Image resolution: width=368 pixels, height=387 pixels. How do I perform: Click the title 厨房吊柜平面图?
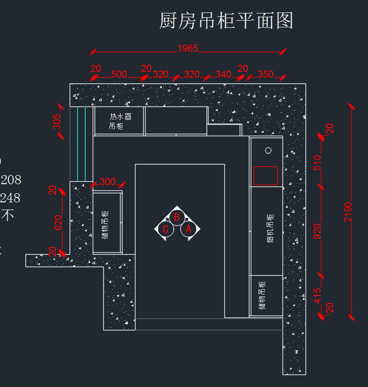pos(226,21)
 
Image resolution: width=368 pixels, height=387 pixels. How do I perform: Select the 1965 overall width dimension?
pos(188,48)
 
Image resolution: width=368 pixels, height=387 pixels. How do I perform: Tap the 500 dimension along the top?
pos(119,74)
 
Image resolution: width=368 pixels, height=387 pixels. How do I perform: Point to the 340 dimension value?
pos(223,74)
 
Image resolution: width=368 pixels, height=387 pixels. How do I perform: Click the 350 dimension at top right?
pos(265,74)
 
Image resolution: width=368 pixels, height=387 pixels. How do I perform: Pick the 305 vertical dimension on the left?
pos(57,121)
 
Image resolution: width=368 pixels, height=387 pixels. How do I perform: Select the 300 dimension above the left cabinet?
pos(107,182)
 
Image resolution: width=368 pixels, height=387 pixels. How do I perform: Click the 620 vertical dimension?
pos(58,223)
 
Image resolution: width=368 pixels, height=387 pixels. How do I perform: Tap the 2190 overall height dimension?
pos(348,212)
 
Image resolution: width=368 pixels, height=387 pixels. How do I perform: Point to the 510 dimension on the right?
pos(317,163)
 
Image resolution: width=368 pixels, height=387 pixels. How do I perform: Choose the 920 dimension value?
pos(317,231)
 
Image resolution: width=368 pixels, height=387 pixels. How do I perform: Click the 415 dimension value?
pos(317,295)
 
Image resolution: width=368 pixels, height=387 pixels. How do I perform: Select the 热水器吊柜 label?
pos(120,121)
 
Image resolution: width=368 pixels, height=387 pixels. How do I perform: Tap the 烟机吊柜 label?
pos(270,228)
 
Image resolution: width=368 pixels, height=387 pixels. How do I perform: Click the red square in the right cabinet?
pos(266,176)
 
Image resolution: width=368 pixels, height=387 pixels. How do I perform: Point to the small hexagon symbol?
pos(268,150)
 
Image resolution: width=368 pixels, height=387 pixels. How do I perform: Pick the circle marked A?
pos(188,229)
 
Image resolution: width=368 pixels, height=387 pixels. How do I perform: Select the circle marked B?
pos(177,217)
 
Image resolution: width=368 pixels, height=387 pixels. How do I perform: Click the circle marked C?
pos(166,229)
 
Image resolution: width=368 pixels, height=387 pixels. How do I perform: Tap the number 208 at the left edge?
pos(11,180)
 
